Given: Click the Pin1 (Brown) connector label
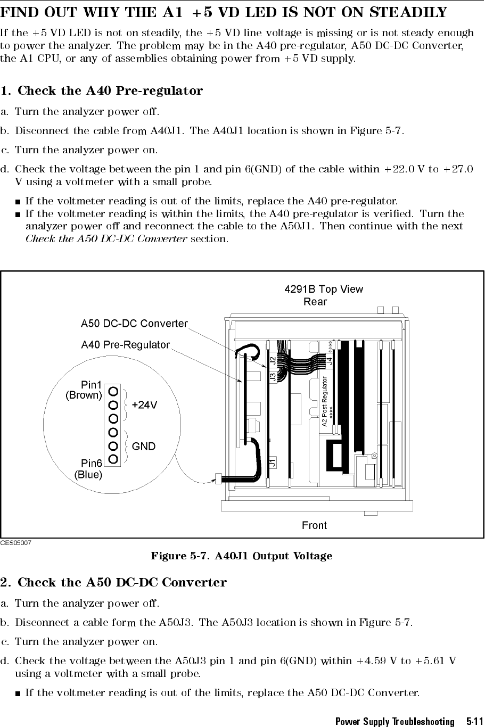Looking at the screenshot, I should pos(84,390).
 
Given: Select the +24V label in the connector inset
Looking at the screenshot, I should pos(144,405).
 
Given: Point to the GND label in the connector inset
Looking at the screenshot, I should pos(144,447).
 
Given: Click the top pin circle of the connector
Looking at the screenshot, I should pos(113,391).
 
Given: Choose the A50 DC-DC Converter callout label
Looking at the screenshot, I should pos(134,323).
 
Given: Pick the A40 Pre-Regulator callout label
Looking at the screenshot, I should pos(125,345).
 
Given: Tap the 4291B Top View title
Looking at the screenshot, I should pos(324,290).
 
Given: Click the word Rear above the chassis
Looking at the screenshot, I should pos(315,302).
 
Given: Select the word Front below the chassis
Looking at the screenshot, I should pos(314,525).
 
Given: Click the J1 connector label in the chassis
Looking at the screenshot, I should pos(273,462).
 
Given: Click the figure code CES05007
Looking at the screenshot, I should pos(16,543).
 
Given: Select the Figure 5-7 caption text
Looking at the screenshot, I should pos(242,556).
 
